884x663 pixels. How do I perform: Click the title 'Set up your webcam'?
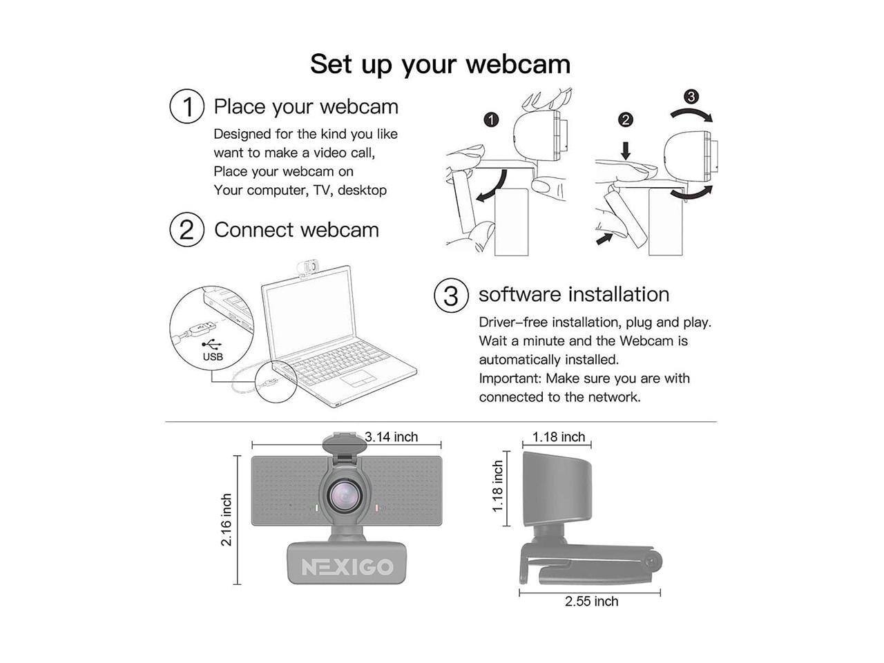tap(440, 64)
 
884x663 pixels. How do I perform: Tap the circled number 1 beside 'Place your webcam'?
tap(186, 107)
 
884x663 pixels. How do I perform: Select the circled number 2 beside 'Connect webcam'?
tap(186, 229)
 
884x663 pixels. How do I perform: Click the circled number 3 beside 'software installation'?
tap(450, 295)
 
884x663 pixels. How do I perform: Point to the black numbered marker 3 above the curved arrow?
tap(691, 96)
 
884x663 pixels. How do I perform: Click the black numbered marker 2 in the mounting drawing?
tap(625, 119)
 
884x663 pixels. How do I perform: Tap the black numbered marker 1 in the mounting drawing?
tap(491, 119)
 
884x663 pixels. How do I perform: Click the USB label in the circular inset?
tap(213, 357)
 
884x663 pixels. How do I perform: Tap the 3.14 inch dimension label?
tap(392, 436)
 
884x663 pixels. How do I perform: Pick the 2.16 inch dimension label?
tap(227, 519)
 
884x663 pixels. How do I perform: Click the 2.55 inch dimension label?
tap(591, 602)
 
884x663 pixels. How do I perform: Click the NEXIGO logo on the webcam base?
tap(347, 567)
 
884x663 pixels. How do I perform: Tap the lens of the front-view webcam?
tap(343, 495)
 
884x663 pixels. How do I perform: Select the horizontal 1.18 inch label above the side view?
tap(559, 436)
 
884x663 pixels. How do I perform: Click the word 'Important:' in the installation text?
tap(510, 378)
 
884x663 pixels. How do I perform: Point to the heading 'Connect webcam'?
tap(296, 229)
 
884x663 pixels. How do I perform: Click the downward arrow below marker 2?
tap(625, 149)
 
